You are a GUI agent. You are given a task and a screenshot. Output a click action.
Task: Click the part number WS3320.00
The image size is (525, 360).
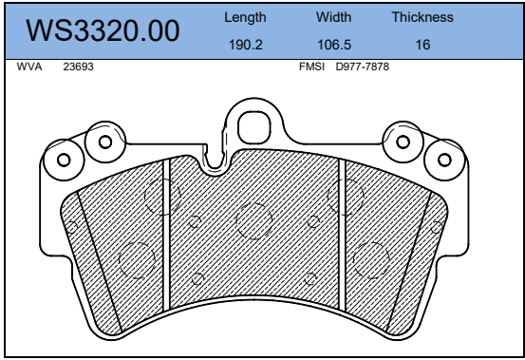(103, 30)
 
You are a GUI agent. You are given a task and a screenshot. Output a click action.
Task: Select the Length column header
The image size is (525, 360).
(245, 17)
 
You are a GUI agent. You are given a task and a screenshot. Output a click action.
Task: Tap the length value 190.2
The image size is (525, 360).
(246, 45)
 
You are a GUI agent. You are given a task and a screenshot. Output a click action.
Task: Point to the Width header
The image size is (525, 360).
(334, 17)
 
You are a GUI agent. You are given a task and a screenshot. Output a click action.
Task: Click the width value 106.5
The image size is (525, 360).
(334, 45)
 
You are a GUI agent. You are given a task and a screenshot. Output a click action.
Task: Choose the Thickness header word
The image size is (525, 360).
(422, 17)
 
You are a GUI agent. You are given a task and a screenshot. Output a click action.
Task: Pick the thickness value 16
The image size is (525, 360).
(422, 45)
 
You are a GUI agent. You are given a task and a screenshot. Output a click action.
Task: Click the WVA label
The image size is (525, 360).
(29, 66)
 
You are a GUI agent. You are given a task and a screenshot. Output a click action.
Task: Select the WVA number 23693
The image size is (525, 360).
(79, 66)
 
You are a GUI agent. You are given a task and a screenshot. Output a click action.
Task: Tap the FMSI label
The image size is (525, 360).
(311, 66)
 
